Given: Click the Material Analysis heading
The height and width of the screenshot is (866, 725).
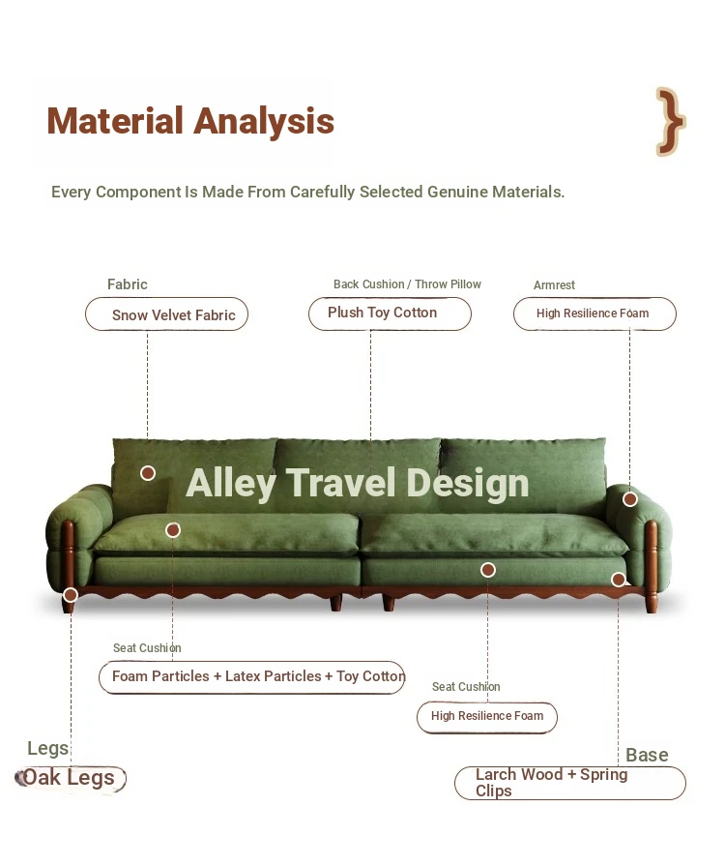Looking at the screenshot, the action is [x=190, y=121].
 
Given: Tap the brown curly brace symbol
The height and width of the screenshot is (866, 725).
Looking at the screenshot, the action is [x=670, y=122].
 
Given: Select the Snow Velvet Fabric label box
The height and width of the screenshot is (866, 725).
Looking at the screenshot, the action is [x=166, y=314].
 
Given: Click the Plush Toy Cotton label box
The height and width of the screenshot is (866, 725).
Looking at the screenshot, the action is [x=391, y=314].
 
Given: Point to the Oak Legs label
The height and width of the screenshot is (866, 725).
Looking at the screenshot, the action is [x=70, y=778].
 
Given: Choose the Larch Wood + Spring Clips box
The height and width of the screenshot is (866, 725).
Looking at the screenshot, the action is [x=570, y=783].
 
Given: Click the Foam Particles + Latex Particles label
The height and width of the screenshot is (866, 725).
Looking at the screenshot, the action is [x=251, y=677].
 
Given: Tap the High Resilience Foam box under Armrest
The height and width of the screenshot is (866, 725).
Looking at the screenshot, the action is [x=594, y=314].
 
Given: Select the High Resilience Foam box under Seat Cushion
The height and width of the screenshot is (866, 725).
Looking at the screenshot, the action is [x=487, y=717].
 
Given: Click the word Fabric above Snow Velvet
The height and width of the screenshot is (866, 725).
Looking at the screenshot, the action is [x=128, y=284].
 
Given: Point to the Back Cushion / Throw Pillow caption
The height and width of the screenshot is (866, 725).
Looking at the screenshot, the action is [x=407, y=284].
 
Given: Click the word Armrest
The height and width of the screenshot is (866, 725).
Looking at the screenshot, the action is [x=554, y=285].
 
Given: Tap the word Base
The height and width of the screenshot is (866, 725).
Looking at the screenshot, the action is [x=647, y=755].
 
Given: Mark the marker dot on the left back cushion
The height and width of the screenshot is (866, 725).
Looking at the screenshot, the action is [x=148, y=473].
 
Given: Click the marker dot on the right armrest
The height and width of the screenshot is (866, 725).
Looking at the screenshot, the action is [x=630, y=499].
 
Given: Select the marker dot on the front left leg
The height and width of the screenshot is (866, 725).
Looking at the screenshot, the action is [x=71, y=595].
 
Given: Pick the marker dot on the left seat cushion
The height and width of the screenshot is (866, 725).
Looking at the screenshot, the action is [x=173, y=530].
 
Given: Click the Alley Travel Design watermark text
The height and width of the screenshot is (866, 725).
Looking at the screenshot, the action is [x=358, y=483].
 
